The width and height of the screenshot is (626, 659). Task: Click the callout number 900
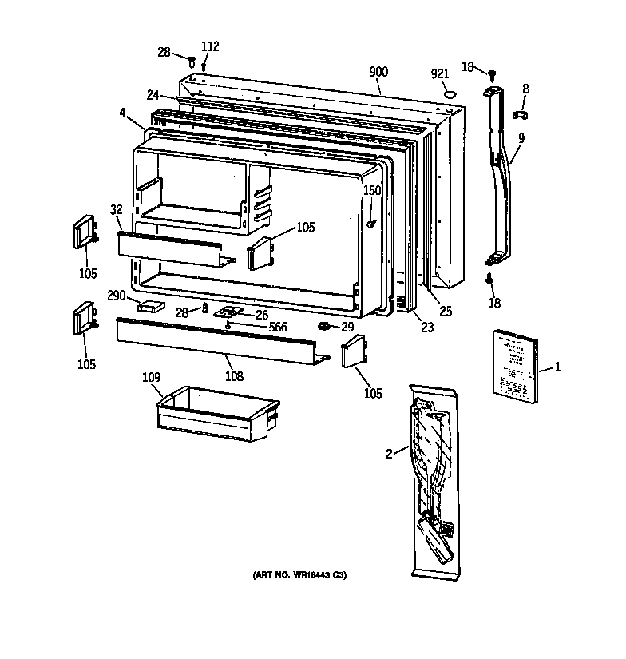click(378, 73)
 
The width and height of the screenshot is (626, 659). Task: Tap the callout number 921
click(441, 74)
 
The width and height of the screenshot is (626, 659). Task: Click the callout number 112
click(209, 46)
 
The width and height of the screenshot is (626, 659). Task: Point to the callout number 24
click(153, 95)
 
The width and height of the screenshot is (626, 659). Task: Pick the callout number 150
click(373, 190)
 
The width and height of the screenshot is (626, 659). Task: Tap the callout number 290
click(117, 296)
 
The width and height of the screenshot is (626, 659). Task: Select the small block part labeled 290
click(150, 304)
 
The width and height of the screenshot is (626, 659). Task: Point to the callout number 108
click(233, 375)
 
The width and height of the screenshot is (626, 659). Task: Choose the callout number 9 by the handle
click(521, 137)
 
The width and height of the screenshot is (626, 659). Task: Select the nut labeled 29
click(324, 327)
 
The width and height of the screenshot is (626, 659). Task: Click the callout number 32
click(117, 210)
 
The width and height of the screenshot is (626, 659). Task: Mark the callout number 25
click(446, 311)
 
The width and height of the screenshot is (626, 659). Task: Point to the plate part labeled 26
click(232, 314)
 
